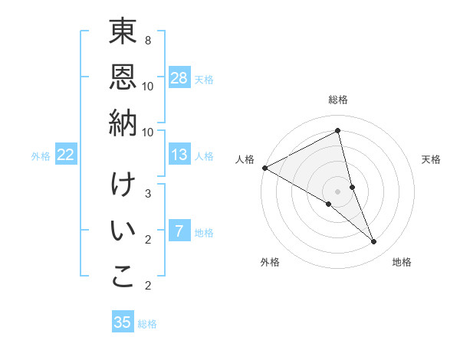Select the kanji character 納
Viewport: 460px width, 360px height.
click(x=123, y=123)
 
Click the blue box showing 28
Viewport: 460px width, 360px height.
click(x=179, y=77)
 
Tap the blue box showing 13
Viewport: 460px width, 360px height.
click(x=179, y=155)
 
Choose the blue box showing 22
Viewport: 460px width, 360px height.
click(x=66, y=155)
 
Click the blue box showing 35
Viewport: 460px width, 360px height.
click(x=123, y=322)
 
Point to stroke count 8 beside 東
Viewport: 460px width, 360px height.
click(x=148, y=40)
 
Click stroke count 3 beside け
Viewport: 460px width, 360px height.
click(x=148, y=193)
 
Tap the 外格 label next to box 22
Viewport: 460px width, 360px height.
click(x=41, y=156)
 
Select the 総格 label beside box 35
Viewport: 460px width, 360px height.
click(x=147, y=324)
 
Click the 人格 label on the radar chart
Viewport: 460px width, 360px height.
click(x=245, y=159)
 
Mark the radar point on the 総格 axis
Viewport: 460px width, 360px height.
click(x=338, y=131)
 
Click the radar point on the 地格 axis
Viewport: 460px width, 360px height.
click(x=373, y=241)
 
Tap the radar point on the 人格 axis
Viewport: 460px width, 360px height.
click(x=264, y=168)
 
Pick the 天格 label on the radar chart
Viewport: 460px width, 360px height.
click(x=432, y=159)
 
